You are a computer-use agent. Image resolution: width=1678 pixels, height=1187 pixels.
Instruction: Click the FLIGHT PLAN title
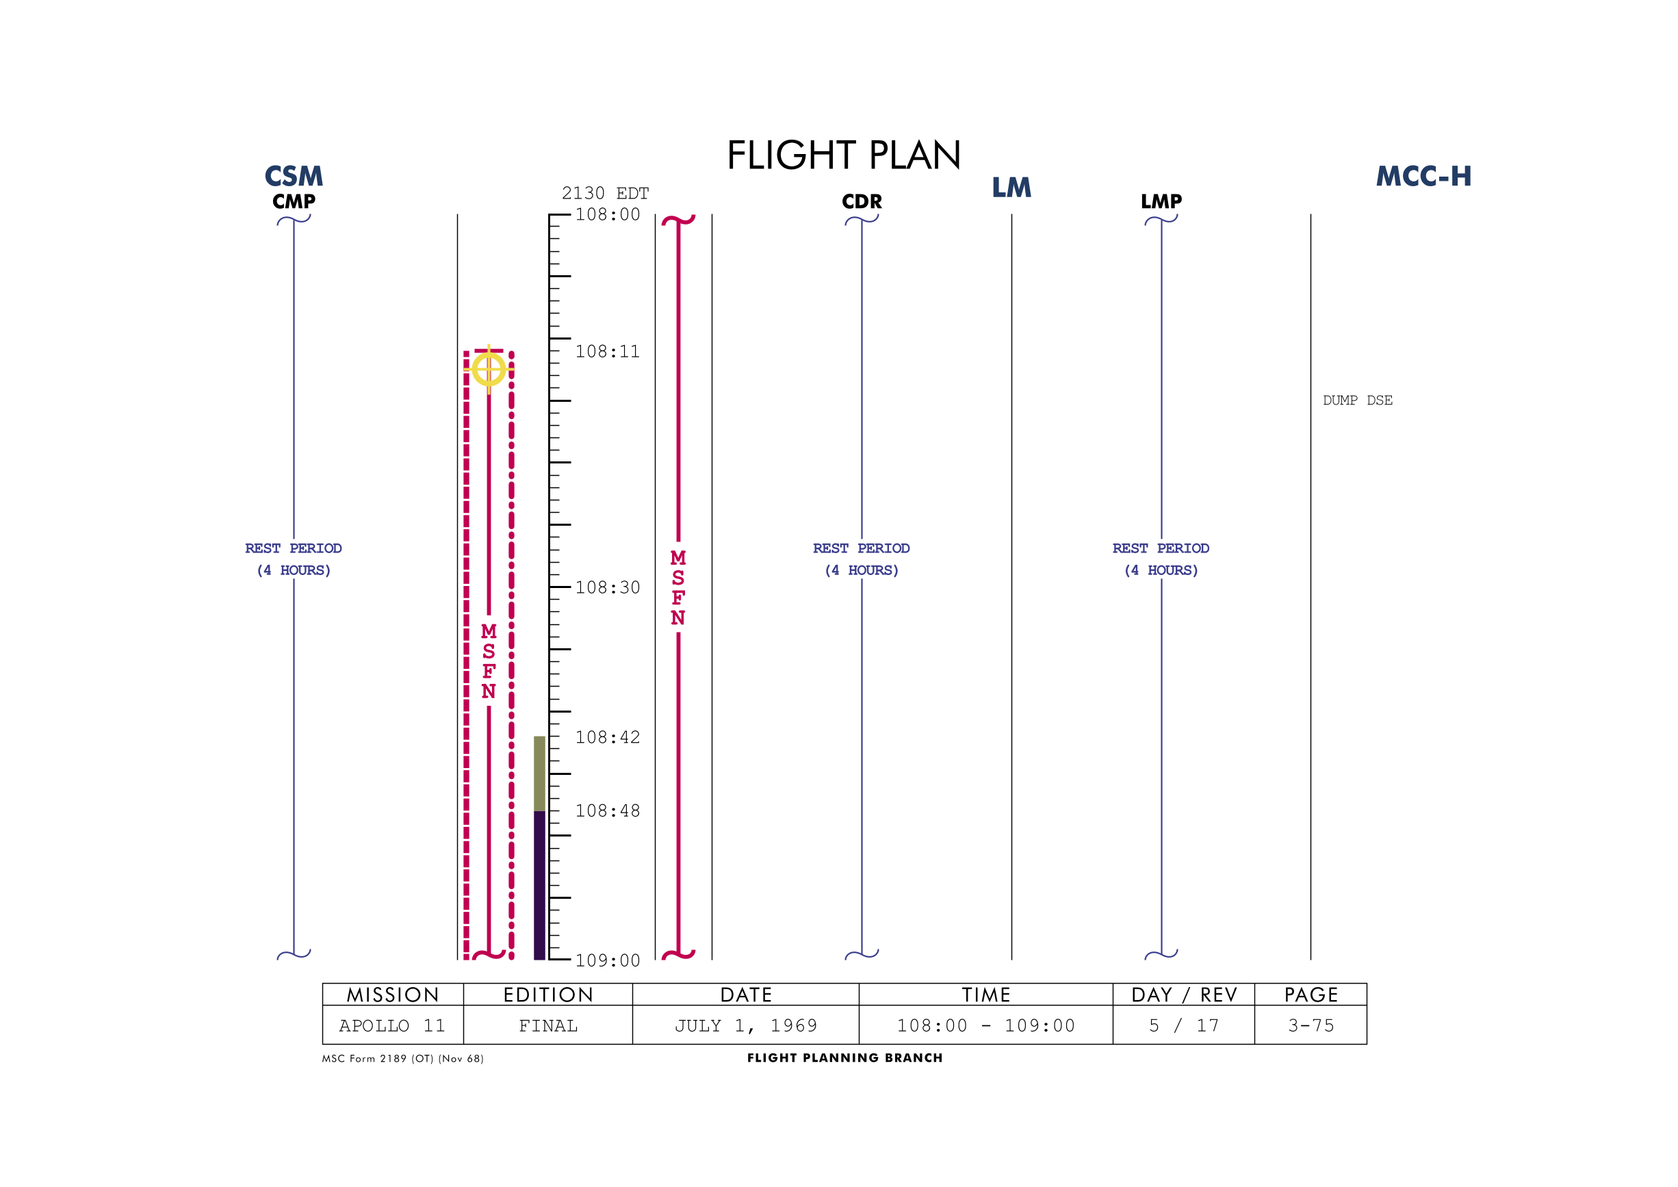pyautogui.click(x=843, y=155)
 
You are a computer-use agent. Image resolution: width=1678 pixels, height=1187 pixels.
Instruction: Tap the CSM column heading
pyautogui.click(x=294, y=176)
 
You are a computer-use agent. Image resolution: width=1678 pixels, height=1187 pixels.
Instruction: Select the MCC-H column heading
pyautogui.click(x=1423, y=176)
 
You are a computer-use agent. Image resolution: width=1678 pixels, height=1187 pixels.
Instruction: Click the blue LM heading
pyautogui.click(x=1011, y=188)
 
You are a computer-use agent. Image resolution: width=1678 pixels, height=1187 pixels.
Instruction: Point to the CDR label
pyautogui.click(x=862, y=201)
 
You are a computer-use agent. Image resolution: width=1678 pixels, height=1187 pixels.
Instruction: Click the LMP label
pyautogui.click(x=1161, y=201)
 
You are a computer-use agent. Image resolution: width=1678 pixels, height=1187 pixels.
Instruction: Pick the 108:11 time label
pyautogui.click(x=607, y=352)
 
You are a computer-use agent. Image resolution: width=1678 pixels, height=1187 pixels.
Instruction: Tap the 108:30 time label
pyautogui.click(x=607, y=587)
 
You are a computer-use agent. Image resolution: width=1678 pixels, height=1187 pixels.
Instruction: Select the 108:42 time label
pyautogui.click(x=607, y=737)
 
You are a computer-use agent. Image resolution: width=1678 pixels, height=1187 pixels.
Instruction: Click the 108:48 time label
pyautogui.click(x=607, y=811)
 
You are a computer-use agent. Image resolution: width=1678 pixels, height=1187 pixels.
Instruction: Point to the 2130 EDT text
pyautogui.click(x=605, y=193)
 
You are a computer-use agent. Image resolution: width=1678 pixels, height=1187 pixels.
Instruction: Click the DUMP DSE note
pyautogui.click(x=1358, y=400)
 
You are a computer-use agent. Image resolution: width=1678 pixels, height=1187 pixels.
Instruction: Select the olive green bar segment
pyautogui.click(x=539, y=774)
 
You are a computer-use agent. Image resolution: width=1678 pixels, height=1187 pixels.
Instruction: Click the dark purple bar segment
pyautogui.click(x=539, y=885)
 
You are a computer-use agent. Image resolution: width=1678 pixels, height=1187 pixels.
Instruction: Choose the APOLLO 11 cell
pyautogui.click(x=392, y=1025)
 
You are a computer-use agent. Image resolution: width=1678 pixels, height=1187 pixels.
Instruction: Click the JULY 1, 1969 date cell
pyautogui.click(x=745, y=1025)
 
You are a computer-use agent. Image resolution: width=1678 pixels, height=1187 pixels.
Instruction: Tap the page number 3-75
pyautogui.click(x=1311, y=1025)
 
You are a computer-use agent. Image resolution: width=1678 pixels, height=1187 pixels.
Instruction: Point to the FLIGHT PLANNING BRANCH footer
pyautogui.click(x=845, y=1058)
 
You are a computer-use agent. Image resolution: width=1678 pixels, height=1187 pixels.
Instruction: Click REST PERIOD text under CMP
pyautogui.click(x=293, y=548)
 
